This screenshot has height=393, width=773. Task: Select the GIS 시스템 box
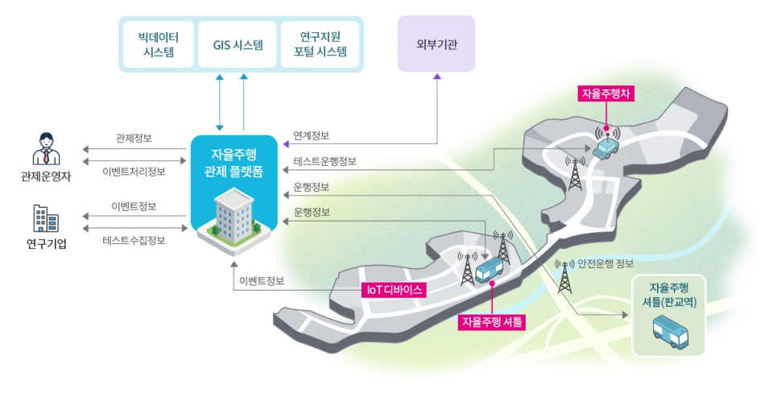point(238,44)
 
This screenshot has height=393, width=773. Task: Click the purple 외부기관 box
point(436,43)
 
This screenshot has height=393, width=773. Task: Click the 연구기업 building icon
point(46,219)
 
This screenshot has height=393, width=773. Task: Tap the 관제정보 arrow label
point(134,139)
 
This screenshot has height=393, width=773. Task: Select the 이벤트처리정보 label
point(134,171)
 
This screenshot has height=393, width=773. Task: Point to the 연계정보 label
point(312,135)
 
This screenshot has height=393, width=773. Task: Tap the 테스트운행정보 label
point(325,162)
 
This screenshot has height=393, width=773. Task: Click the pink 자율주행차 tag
point(608,93)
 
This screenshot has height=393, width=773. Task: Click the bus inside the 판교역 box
point(669,332)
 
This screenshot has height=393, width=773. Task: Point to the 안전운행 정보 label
point(606,264)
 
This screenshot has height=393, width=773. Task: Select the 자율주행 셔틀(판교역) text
point(669,294)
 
